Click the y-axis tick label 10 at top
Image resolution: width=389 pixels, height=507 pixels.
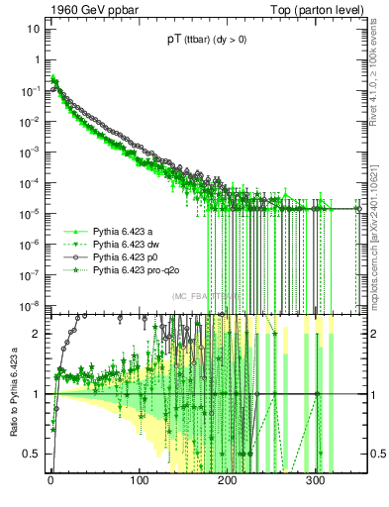click(x=33, y=29)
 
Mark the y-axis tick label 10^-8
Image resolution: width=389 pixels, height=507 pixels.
click(x=29, y=306)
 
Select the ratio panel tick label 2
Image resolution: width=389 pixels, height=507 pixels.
click(x=36, y=334)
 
